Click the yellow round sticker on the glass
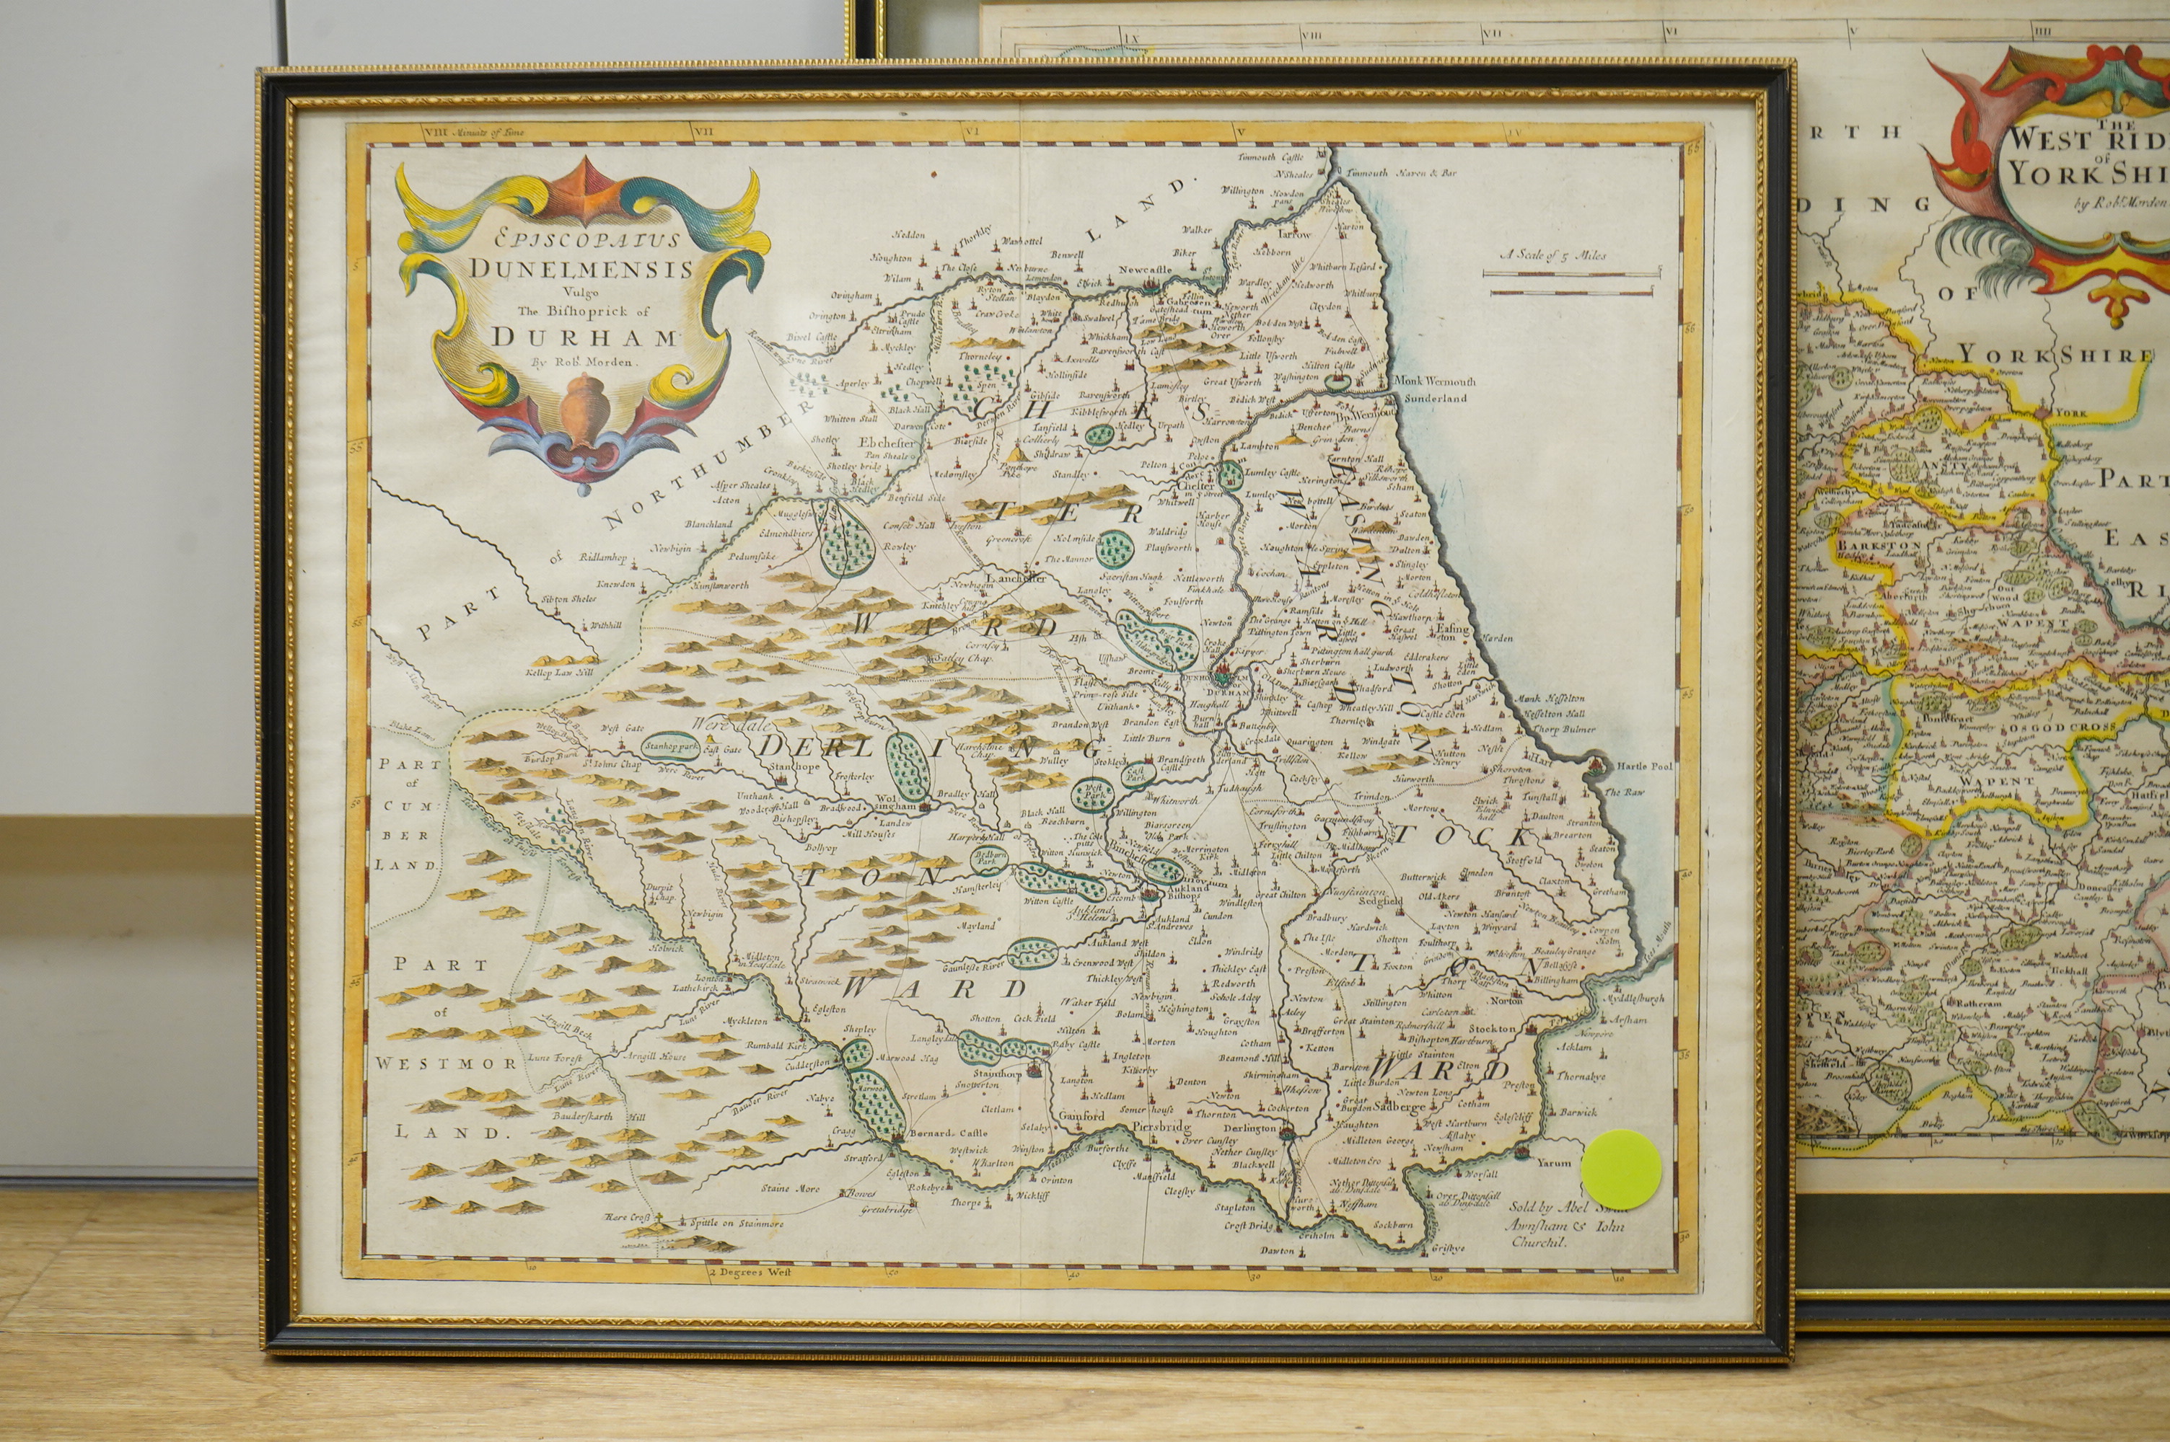click(1622, 1169)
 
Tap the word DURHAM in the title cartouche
click(584, 336)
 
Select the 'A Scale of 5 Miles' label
click(1552, 255)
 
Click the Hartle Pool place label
click(1644, 766)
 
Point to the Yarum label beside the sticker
click(1554, 1162)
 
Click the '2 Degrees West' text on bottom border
click(750, 1273)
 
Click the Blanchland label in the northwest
click(708, 524)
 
